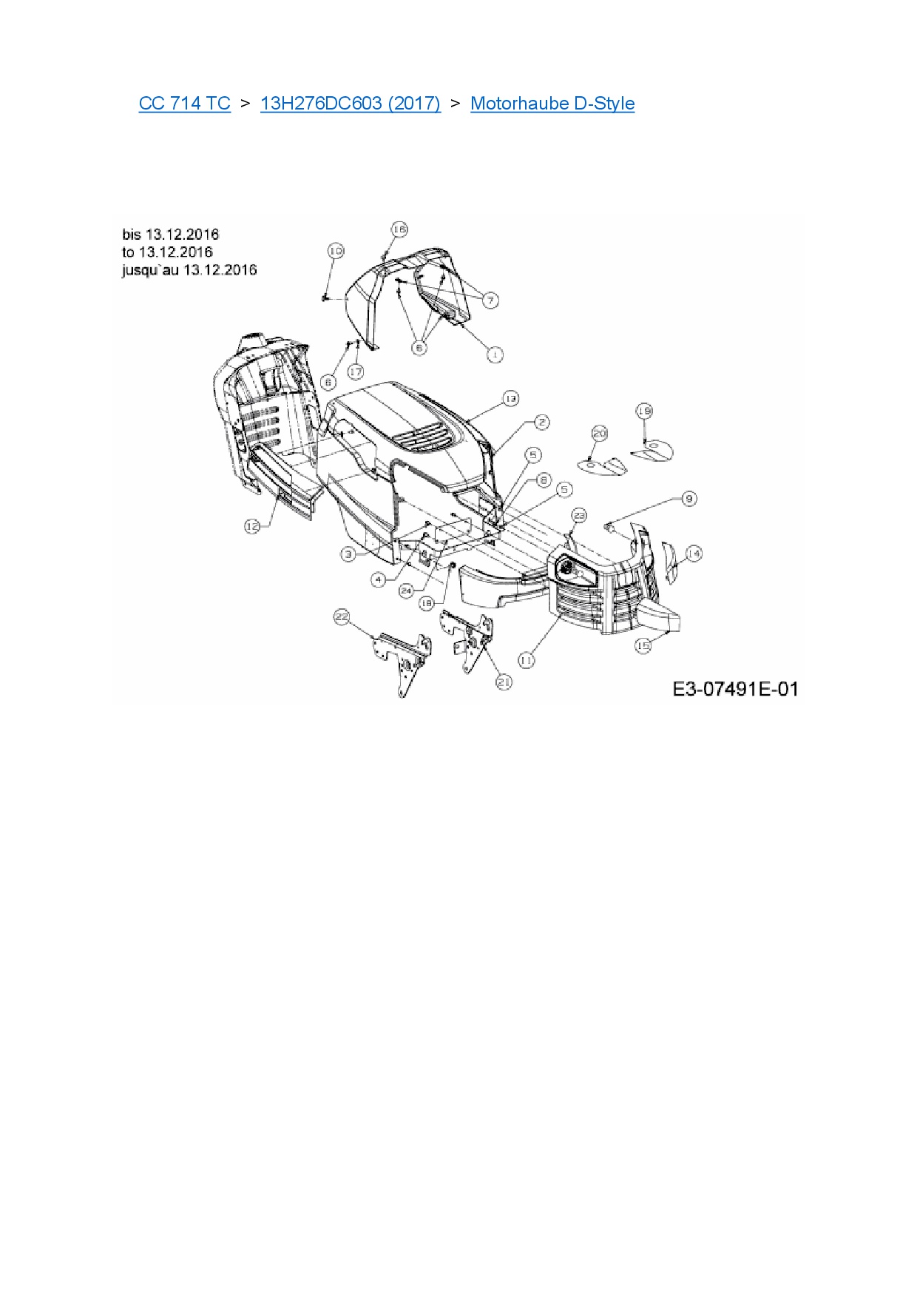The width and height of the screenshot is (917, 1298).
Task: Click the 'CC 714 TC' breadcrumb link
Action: (184, 104)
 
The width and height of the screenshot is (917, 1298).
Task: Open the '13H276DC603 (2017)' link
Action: (350, 104)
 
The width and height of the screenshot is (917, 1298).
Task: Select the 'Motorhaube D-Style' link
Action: (552, 104)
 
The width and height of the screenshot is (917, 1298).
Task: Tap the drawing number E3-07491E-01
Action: (735, 689)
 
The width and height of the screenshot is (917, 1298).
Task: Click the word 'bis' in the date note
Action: (131, 235)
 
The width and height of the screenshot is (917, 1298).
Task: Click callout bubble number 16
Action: (399, 229)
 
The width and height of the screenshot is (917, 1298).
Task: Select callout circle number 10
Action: (336, 251)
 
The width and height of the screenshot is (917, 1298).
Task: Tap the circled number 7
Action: (490, 300)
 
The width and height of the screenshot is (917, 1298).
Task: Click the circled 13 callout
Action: (510, 398)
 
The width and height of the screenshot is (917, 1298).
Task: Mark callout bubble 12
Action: (253, 526)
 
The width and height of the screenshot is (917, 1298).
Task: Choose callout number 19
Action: (644, 411)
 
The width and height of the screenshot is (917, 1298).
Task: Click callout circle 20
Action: (600, 434)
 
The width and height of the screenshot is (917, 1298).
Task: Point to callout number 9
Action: (688, 499)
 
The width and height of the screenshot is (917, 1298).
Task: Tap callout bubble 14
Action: (694, 554)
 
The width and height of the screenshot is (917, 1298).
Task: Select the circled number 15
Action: (643, 645)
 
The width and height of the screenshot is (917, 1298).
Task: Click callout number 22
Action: (342, 616)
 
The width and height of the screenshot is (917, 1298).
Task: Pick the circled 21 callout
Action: (504, 682)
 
